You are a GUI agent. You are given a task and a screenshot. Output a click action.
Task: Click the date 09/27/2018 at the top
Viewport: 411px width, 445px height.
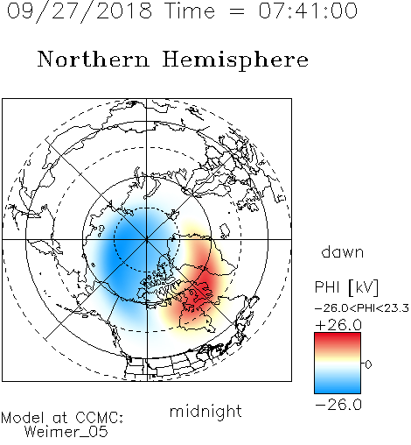(x=80, y=11)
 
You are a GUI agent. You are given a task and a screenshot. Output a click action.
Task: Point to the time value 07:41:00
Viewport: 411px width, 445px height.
(x=308, y=11)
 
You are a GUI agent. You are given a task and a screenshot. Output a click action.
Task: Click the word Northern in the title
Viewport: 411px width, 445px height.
(x=94, y=59)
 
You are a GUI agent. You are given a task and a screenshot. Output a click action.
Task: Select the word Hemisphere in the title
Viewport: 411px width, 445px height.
(x=235, y=60)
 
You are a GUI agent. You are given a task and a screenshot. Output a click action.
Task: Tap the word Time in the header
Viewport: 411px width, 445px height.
(x=190, y=11)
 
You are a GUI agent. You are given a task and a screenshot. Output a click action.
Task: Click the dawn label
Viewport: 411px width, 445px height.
(x=343, y=251)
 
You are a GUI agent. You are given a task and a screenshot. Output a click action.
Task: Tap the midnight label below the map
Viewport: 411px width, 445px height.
(x=205, y=411)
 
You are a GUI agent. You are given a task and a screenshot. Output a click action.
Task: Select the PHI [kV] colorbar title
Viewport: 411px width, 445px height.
(x=346, y=287)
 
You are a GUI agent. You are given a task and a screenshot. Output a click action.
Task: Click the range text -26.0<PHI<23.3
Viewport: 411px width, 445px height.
(x=362, y=308)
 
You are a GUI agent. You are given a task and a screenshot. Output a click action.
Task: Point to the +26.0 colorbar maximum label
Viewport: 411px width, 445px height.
(x=338, y=325)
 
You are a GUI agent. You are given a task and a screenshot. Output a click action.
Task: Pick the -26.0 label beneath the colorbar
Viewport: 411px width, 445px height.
(x=338, y=405)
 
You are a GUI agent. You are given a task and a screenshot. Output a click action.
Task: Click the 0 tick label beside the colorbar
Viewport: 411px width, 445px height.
(x=368, y=364)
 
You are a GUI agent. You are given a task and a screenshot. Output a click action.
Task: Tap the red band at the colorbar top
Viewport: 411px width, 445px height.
(x=338, y=339)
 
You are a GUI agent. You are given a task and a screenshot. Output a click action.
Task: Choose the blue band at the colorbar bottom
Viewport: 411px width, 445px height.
(x=338, y=387)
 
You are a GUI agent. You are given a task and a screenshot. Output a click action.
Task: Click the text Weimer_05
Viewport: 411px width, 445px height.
(x=66, y=432)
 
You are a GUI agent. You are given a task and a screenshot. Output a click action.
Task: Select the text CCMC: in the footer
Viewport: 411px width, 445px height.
(x=100, y=418)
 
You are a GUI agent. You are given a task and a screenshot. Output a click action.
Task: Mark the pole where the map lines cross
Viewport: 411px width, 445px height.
(x=147, y=240)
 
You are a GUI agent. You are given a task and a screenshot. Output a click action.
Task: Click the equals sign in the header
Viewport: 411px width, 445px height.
(x=236, y=11)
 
